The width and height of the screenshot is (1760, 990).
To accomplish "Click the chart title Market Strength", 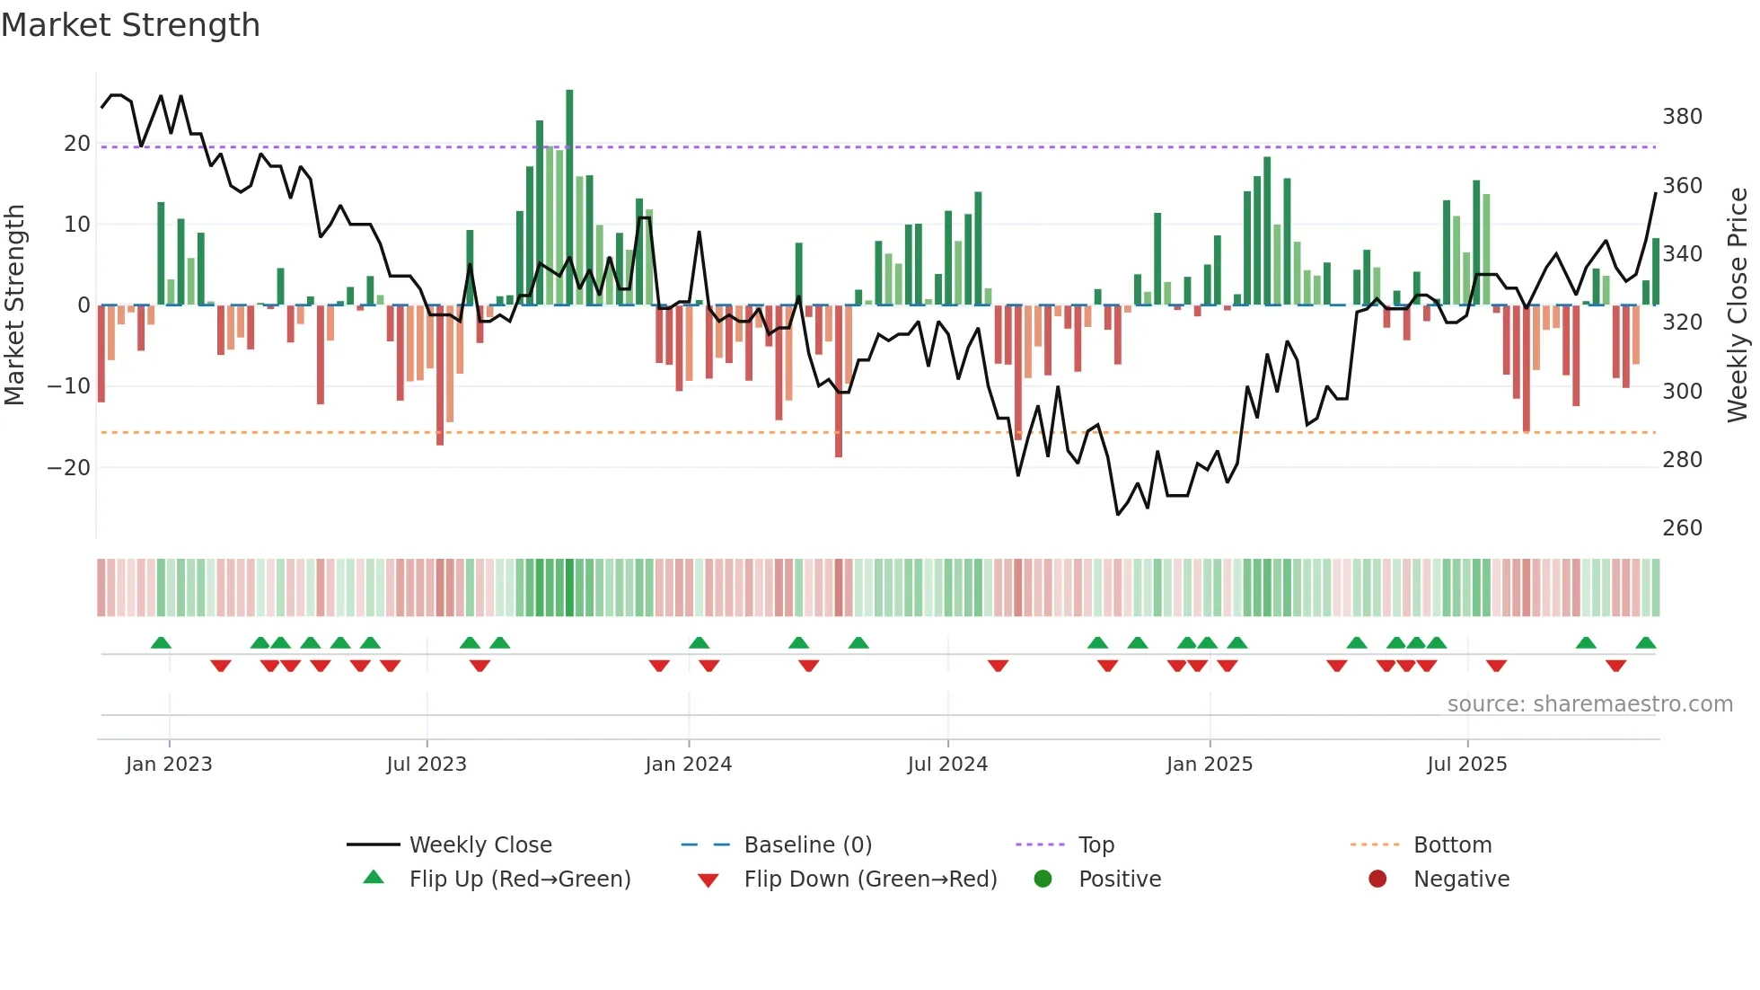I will [x=130, y=25].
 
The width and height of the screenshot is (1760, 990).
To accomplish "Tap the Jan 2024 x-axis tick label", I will [x=688, y=765].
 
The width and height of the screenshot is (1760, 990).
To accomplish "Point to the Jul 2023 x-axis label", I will [x=427, y=765].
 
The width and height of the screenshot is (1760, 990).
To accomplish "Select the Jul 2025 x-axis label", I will [x=1466, y=765].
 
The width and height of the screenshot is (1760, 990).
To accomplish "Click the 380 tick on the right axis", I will [x=1682, y=117].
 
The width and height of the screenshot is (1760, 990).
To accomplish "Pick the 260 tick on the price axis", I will [x=1682, y=528].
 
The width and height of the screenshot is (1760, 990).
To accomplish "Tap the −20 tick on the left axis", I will [x=69, y=468].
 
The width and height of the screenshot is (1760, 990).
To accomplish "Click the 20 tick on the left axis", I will [x=77, y=144].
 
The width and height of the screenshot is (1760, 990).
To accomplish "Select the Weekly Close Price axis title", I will [x=1738, y=305].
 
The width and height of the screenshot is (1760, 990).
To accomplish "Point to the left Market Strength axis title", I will [x=14, y=305].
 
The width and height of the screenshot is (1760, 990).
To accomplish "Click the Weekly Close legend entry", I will [x=480, y=845].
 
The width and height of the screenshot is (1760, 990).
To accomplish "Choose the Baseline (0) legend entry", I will [x=807, y=845].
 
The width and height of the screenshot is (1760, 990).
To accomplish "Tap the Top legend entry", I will [x=1096, y=845].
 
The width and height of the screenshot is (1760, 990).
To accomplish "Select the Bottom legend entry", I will [x=1452, y=845].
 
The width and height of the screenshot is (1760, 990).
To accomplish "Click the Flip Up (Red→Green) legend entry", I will [x=520, y=880].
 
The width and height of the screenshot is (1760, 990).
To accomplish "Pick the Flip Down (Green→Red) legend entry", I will [x=870, y=880].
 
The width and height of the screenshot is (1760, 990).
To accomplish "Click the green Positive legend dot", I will [x=1043, y=880].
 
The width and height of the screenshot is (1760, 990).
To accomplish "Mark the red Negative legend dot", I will [x=1377, y=880].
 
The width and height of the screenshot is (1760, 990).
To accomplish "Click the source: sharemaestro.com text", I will [x=1589, y=704].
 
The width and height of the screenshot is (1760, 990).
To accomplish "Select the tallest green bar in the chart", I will [x=569, y=198].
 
